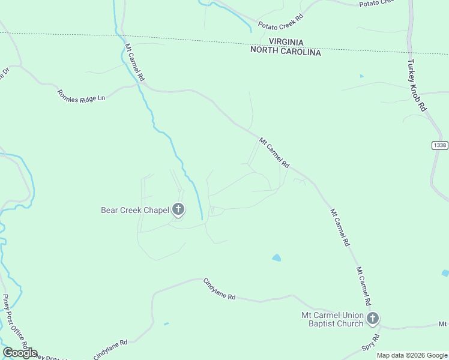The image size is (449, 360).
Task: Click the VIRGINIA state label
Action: pyautogui.click(x=286, y=42)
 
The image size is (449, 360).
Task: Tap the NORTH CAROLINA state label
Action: pyautogui.click(x=286, y=52)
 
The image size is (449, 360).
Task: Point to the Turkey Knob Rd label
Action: pyautogui.click(x=416, y=85)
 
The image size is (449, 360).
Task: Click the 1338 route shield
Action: pyautogui.click(x=439, y=145)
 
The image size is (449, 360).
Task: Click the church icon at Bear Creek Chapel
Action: pyautogui.click(x=178, y=209)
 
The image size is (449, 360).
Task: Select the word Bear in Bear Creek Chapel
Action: pyautogui.click(x=110, y=210)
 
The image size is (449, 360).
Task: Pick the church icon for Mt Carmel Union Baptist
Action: pyautogui.click(x=373, y=319)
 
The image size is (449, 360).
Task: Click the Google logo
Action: pyautogui.click(x=20, y=353)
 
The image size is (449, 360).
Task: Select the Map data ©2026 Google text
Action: pyautogui.click(x=412, y=355)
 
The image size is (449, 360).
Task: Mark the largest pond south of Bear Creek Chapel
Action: pyautogui.click(x=276, y=258)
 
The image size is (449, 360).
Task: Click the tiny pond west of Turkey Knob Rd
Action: pyautogui.click(x=361, y=76)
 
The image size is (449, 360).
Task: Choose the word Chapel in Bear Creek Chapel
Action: pyautogui.click(x=155, y=210)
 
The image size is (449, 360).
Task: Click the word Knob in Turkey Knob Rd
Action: pyautogui.click(x=416, y=84)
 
